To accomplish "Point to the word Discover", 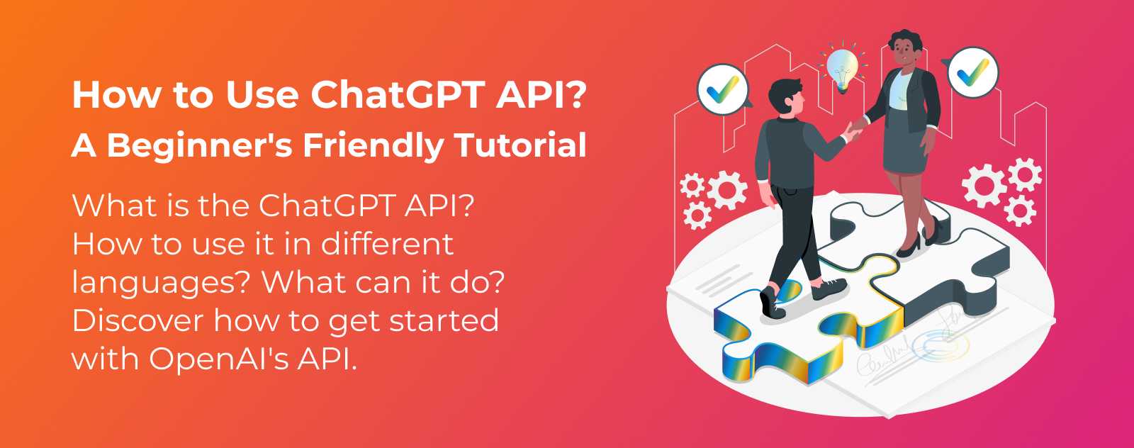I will tap(137, 320).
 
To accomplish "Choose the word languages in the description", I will tap(160, 282).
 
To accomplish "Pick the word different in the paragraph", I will tap(388, 244).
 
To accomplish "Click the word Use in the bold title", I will tap(262, 95).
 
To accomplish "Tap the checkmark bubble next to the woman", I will tap(972, 72).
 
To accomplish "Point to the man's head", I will tap(785, 96).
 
